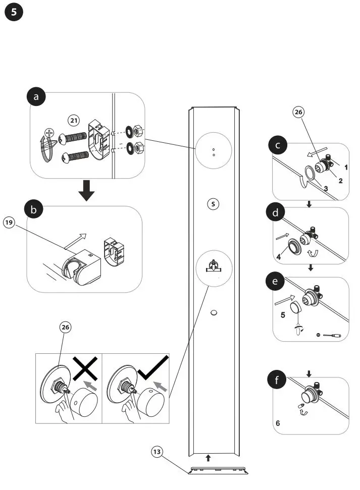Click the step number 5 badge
[14, 13]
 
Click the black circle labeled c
[278, 146]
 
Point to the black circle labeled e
[275, 282]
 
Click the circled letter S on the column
[214, 204]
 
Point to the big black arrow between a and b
[87, 190]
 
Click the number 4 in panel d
[278, 256]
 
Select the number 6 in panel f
[278, 423]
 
